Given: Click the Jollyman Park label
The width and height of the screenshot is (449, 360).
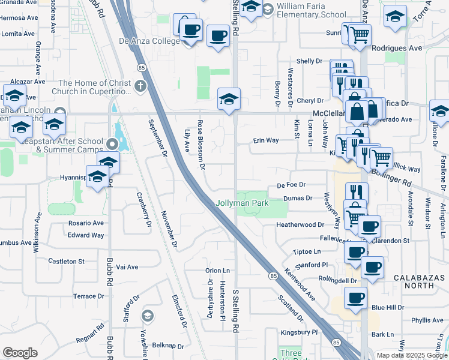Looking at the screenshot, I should coord(243,203).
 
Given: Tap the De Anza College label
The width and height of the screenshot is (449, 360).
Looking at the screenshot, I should coord(149,41).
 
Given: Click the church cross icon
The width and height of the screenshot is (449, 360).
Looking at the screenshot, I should coord(140,86).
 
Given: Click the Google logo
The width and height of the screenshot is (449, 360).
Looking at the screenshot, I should coord(20,353).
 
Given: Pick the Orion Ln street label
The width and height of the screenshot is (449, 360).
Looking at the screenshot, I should coord(217,271).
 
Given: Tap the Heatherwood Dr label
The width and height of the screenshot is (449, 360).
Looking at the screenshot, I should coord(300,224).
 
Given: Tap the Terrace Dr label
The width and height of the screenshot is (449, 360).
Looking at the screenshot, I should coord(88,296).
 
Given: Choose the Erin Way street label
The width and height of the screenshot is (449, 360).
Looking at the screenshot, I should coord(265,140).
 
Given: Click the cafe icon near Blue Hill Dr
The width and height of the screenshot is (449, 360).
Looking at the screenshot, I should coord(355,298).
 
